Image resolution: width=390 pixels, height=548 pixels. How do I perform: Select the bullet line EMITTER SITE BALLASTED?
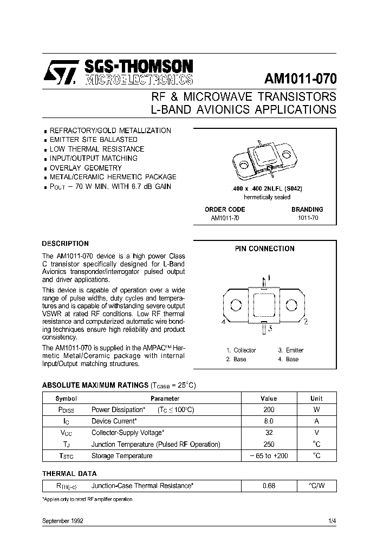click(93, 140)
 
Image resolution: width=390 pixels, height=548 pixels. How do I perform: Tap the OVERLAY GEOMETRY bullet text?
click(86, 167)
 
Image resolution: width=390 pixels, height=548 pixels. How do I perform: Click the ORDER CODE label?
click(225, 209)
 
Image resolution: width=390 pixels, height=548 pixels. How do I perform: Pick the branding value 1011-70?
click(307, 218)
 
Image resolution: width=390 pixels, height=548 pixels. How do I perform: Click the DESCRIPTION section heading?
click(65, 244)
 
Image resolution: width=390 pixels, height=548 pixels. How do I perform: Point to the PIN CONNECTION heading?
click(264, 249)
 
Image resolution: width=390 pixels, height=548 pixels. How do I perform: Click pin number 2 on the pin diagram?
click(305, 322)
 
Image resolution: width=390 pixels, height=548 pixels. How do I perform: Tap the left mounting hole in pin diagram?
click(236, 305)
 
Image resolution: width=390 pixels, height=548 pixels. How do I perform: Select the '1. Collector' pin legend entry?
click(240, 350)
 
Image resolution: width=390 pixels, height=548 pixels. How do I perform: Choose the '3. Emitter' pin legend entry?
click(291, 350)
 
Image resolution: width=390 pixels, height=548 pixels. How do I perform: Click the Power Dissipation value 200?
click(269, 410)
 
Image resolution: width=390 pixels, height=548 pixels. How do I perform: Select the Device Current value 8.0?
click(269, 421)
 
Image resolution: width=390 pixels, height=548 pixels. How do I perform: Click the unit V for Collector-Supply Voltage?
click(316, 433)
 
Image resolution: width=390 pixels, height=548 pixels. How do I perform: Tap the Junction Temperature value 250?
click(269, 444)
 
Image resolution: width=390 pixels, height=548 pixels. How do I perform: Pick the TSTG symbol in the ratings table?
click(66, 456)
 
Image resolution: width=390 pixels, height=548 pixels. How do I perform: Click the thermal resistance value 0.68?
click(269, 486)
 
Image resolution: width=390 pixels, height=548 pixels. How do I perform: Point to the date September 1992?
click(62, 520)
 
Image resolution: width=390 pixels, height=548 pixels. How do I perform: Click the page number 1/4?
click(331, 520)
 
